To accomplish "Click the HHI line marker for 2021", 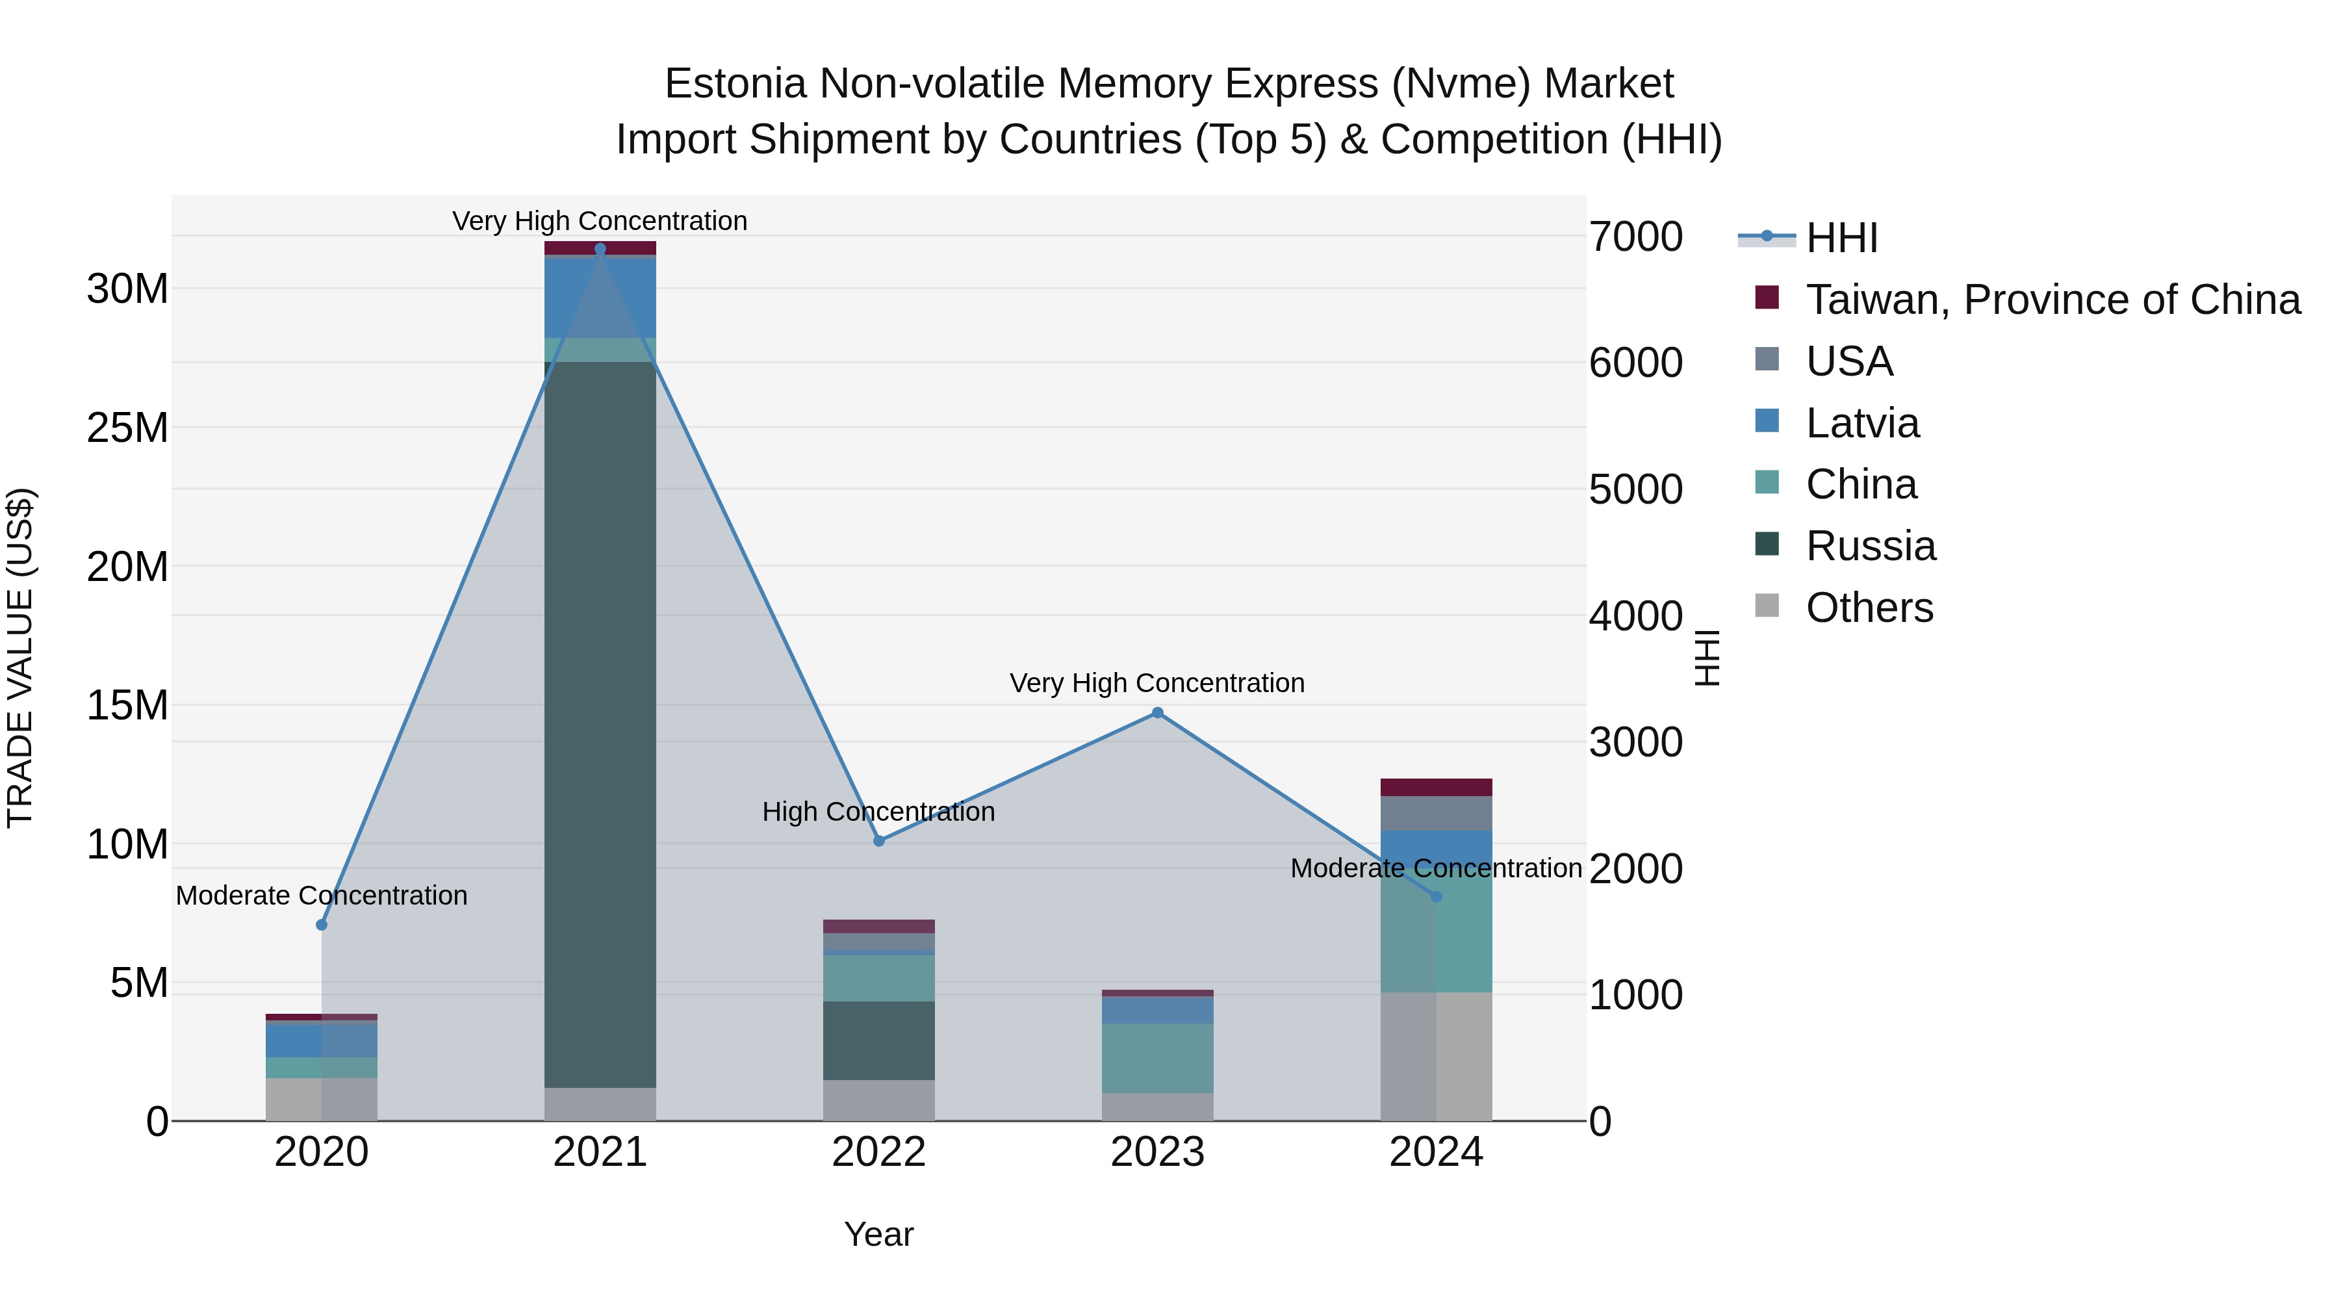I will click(x=600, y=249).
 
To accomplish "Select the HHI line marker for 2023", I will click(x=1158, y=713).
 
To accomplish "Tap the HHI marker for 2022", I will click(x=879, y=841).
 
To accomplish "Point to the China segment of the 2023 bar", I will click(x=1158, y=1058).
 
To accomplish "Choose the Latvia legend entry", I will click(x=1861, y=423).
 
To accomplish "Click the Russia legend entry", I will click(x=1871, y=547).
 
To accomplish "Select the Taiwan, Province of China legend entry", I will click(x=2052, y=300).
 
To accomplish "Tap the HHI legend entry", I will click(x=1841, y=238).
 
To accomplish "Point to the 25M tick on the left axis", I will click(x=128, y=428).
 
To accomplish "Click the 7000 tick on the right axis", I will click(x=1635, y=237).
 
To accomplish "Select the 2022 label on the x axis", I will click(x=879, y=1152).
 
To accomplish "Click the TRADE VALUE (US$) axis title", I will click(x=20, y=658).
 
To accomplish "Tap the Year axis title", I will click(x=879, y=1234).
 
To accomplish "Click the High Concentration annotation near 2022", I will click(x=879, y=811).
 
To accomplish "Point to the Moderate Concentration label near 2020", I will click(x=322, y=896).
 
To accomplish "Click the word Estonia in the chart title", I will click(x=735, y=84).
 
